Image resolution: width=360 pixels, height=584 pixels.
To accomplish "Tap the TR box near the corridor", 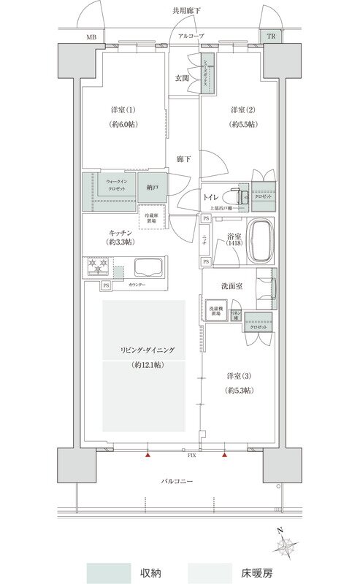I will click(271, 36).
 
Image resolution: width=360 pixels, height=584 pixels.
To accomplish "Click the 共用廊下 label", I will click(186, 10).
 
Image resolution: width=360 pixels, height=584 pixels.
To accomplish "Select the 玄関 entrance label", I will click(183, 77).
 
